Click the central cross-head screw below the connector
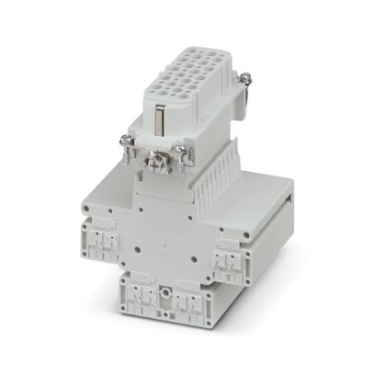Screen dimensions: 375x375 point(156,168)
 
